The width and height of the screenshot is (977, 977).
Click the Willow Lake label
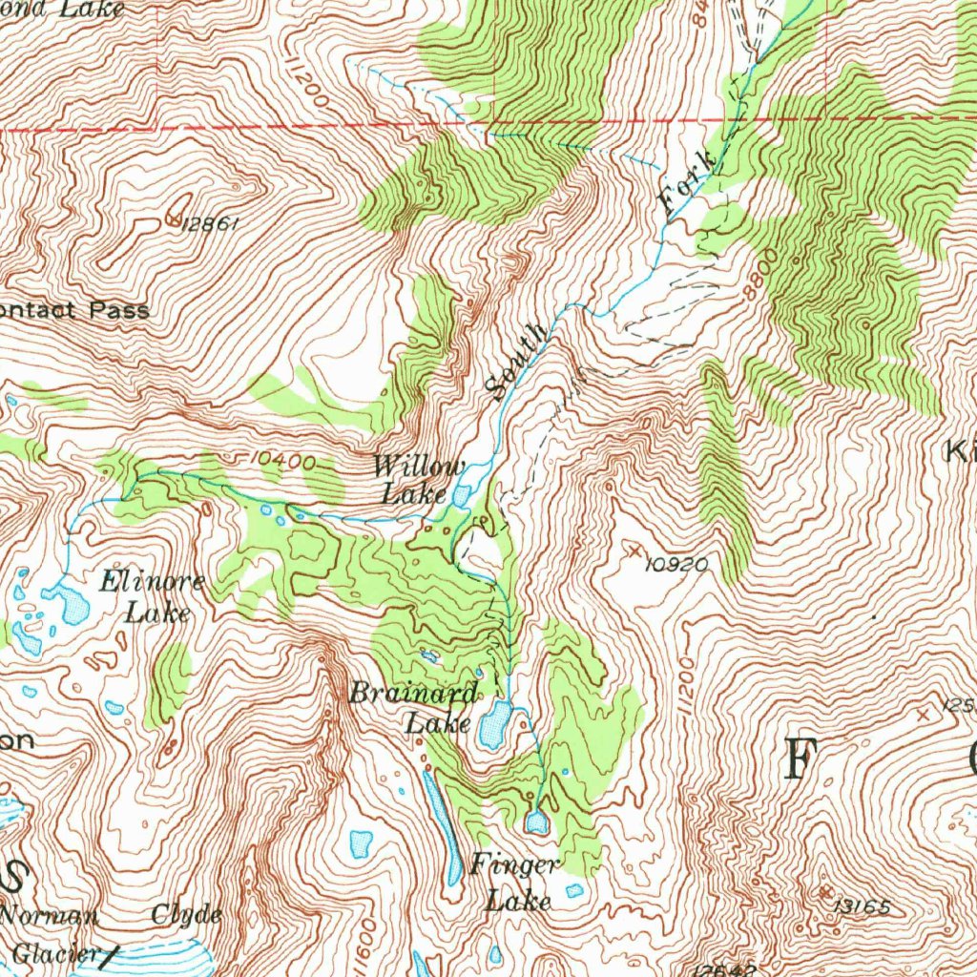(417, 480)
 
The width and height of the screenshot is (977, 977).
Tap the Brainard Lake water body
(494, 726)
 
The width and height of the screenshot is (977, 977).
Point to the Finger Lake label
(515, 883)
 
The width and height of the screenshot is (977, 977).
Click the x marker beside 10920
(634, 551)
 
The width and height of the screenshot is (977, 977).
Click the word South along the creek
(515, 362)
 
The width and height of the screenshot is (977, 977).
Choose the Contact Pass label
(74, 310)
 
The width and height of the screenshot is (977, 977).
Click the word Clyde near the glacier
(186, 915)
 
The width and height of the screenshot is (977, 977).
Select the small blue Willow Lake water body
(462, 496)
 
